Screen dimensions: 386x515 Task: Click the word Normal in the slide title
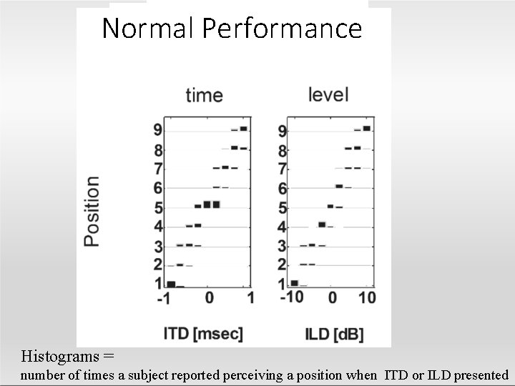149,29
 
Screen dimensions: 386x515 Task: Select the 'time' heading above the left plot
204,95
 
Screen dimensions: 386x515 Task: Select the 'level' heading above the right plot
328,94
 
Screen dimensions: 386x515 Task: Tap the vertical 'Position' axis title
92,212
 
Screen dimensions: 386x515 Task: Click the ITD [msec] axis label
204,333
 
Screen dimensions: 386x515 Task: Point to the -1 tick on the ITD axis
165,298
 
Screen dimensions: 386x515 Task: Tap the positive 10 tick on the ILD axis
366,298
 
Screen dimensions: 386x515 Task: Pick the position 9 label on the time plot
157,130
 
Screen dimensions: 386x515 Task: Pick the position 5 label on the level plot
283,209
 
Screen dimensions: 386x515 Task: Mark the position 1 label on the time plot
157,284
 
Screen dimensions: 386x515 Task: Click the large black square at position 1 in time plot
171,284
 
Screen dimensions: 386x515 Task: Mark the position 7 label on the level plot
283,169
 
